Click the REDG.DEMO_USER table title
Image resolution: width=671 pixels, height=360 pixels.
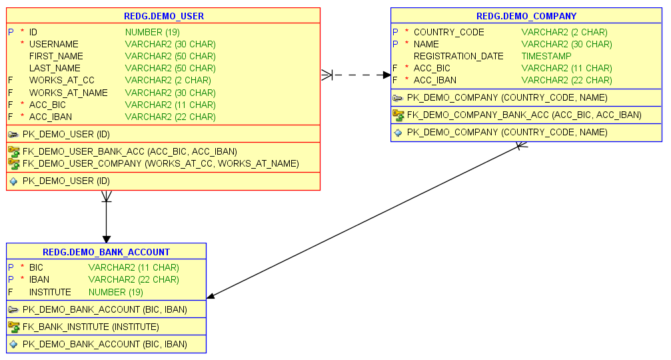[164, 16]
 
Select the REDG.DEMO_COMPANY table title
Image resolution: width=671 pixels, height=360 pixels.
[526, 16]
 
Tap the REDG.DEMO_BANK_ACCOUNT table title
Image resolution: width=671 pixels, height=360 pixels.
[106, 252]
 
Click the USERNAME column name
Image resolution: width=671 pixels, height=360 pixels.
[53, 44]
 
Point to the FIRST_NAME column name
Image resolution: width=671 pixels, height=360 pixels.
[56, 56]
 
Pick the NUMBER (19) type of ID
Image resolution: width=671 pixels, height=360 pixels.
[153, 32]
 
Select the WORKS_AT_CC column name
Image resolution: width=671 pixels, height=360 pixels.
[62, 80]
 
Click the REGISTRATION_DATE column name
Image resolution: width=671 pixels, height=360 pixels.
[458, 56]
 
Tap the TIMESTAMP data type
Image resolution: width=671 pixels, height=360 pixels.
[546, 56]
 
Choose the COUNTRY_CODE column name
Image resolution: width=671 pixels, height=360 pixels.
[449, 32]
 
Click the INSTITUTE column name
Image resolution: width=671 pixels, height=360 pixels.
[50, 292]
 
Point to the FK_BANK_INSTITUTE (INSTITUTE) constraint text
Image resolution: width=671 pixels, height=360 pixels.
[91, 327]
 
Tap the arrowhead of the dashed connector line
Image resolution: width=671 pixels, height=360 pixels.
[386, 75]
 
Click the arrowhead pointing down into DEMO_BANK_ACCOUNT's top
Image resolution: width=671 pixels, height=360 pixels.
[106, 238]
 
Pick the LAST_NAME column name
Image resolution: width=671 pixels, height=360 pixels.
[55, 68]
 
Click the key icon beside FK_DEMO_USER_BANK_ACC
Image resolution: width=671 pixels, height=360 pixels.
[13, 151]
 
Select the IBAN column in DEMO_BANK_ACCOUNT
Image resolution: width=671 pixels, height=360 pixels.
[39, 279]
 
